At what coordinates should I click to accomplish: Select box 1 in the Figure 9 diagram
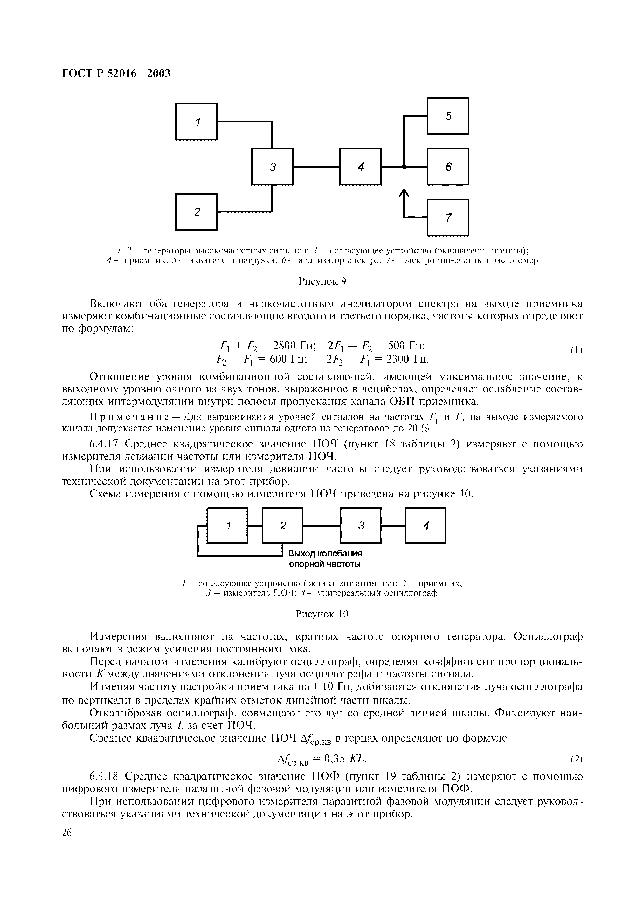tap(197, 121)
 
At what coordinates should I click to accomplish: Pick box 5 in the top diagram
tap(448, 116)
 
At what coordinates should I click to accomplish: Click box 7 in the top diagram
tap(448, 218)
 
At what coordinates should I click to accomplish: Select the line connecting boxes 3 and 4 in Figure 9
tap(316, 167)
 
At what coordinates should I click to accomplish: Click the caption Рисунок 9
tap(322, 281)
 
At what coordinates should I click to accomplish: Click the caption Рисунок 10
tap(322, 614)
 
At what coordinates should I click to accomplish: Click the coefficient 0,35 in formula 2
tap(335, 759)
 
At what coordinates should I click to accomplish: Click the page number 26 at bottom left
tap(67, 832)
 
